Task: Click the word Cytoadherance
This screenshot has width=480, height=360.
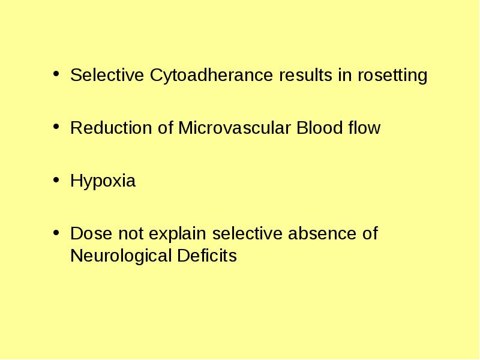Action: (x=211, y=76)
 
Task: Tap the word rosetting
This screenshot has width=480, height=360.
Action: (x=392, y=76)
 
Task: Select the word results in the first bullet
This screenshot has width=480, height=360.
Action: (x=305, y=75)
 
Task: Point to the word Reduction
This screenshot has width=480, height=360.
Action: (x=111, y=128)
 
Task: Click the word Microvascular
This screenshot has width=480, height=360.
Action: (x=234, y=128)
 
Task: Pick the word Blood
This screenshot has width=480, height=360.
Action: (x=319, y=128)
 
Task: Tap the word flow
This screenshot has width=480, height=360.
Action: (x=364, y=128)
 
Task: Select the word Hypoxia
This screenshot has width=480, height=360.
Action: (x=103, y=181)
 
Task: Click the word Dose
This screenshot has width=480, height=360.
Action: (x=91, y=233)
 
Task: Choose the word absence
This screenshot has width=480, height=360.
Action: (x=322, y=233)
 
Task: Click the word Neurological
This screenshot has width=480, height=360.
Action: (x=121, y=256)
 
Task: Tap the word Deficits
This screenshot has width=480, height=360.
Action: (x=207, y=256)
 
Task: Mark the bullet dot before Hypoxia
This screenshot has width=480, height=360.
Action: (x=56, y=180)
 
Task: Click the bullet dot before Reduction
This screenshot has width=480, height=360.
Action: (x=56, y=127)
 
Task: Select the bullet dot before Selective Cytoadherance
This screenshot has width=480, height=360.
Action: (x=56, y=74)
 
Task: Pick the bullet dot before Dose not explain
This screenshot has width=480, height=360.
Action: (x=56, y=233)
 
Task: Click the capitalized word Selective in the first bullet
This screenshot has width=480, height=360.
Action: (x=107, y=75)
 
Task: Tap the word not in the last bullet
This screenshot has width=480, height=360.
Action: (x=131, y=234)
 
